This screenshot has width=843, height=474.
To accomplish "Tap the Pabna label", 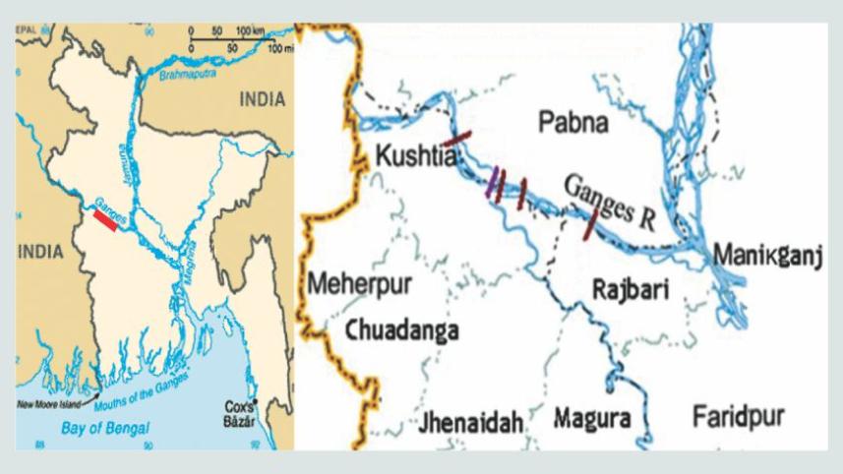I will click(574, 122).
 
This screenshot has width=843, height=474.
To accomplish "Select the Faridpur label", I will click(738, 417).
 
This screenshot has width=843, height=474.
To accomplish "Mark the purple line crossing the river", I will click(493, 182).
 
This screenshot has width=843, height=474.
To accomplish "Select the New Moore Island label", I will click(54, 404).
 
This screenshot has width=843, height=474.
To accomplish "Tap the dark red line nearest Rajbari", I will click(589, 224).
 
